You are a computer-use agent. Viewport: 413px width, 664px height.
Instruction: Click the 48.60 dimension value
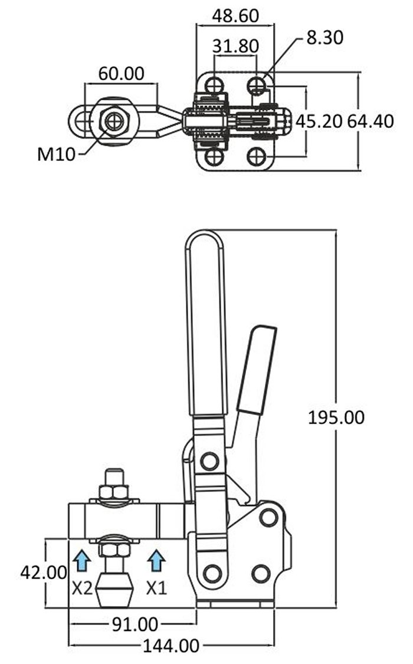coord(235,16)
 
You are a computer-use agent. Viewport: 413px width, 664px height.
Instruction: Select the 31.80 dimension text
coord(235,46)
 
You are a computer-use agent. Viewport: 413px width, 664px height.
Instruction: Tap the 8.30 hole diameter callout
coord(324,38)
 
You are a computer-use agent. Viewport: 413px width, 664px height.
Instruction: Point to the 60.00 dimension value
coord(121,74)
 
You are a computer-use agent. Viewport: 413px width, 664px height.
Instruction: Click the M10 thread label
coord(56,155)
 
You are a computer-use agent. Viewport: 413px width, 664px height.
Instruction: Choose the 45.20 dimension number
coord(319,121)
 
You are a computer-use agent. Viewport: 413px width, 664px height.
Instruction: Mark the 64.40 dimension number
coord(371,121)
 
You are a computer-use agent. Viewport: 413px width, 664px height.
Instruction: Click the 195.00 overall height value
coord(336,418)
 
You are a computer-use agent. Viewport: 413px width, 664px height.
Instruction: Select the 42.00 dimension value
coord(44,573)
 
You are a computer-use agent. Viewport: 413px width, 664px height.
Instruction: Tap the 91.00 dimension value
coord(135,624)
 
